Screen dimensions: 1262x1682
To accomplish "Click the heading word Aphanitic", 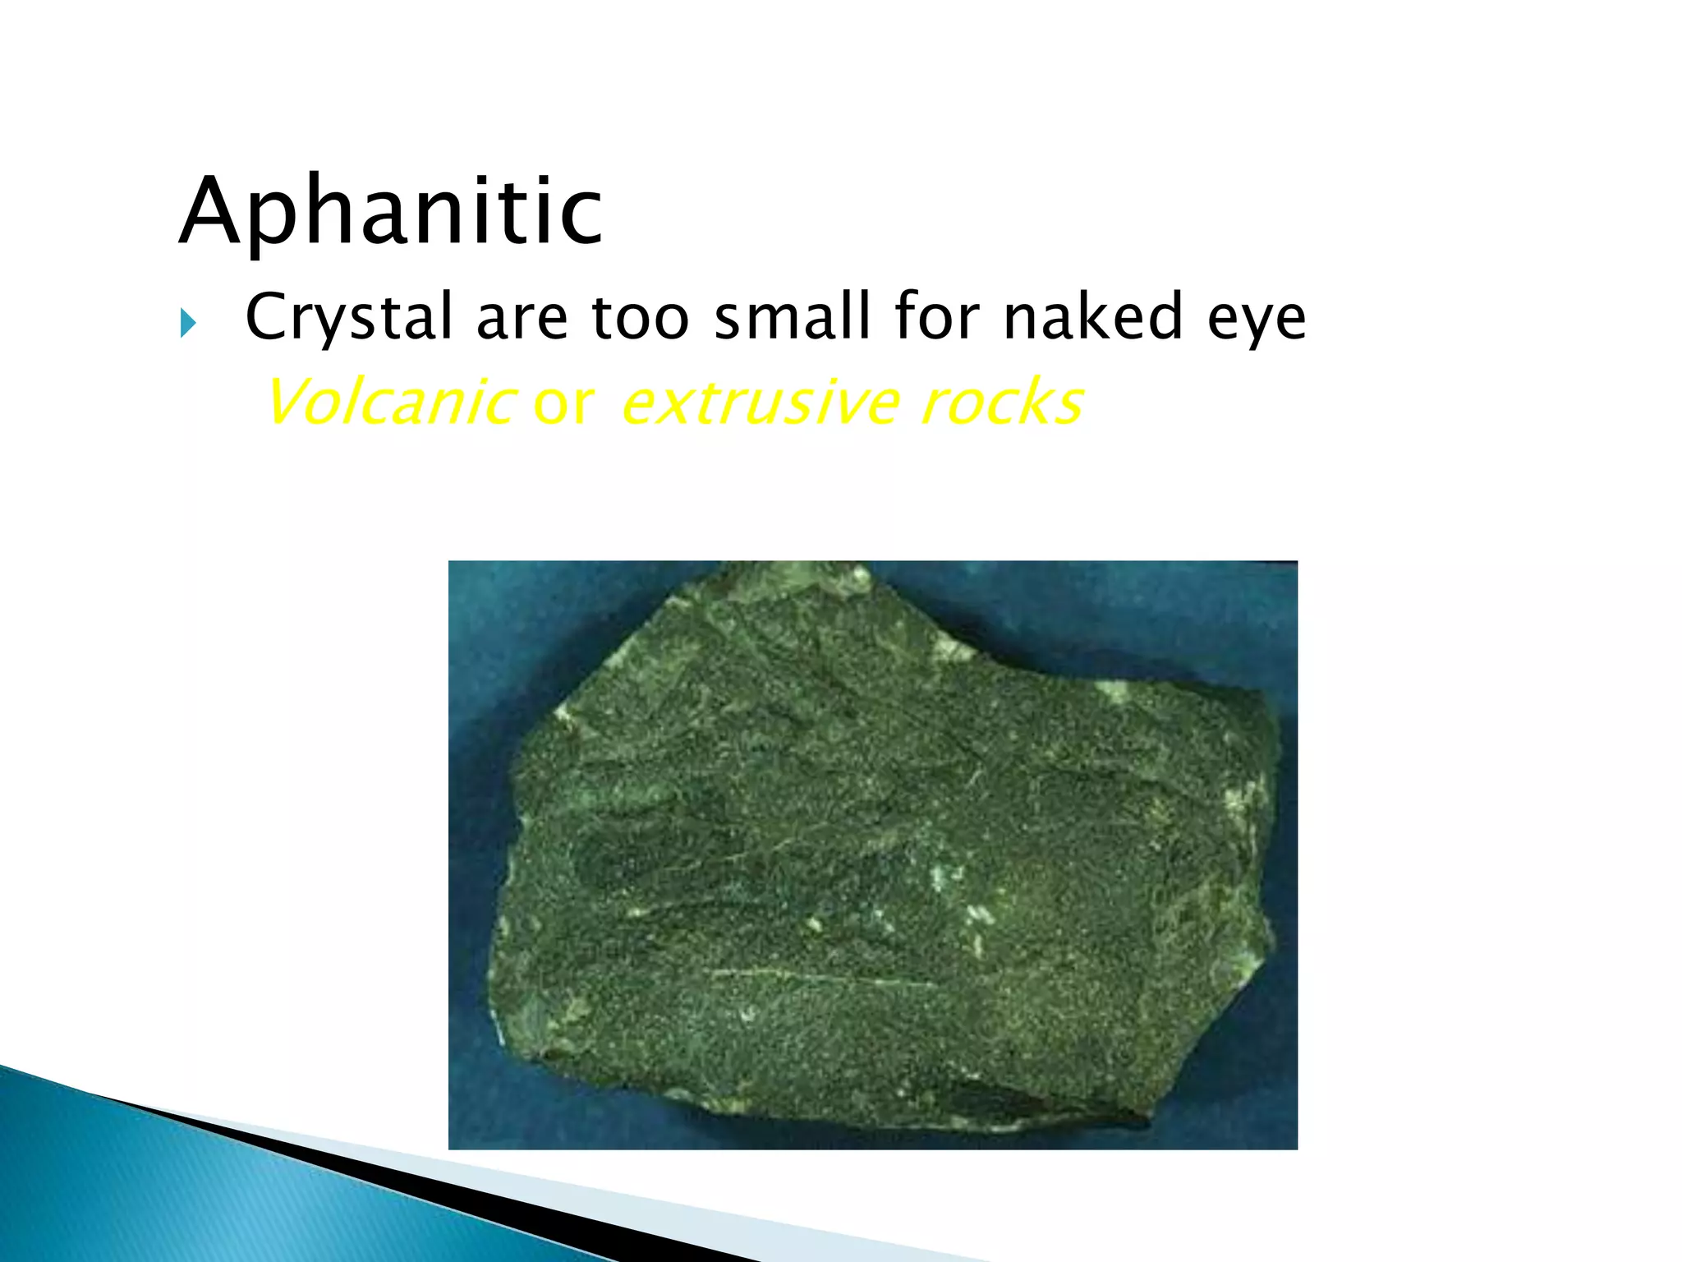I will [391, 212].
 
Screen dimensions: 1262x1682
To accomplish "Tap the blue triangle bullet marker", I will [188, 324].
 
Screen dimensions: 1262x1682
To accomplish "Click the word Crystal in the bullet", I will [349, 317].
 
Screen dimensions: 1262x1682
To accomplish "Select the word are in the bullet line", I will [522, 317].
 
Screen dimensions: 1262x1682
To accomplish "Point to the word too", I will [640, 317].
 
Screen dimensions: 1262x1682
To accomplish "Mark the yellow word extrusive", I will [761, 403].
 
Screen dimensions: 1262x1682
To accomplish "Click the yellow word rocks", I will [1002, 403].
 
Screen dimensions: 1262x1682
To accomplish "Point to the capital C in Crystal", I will [269, 316].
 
